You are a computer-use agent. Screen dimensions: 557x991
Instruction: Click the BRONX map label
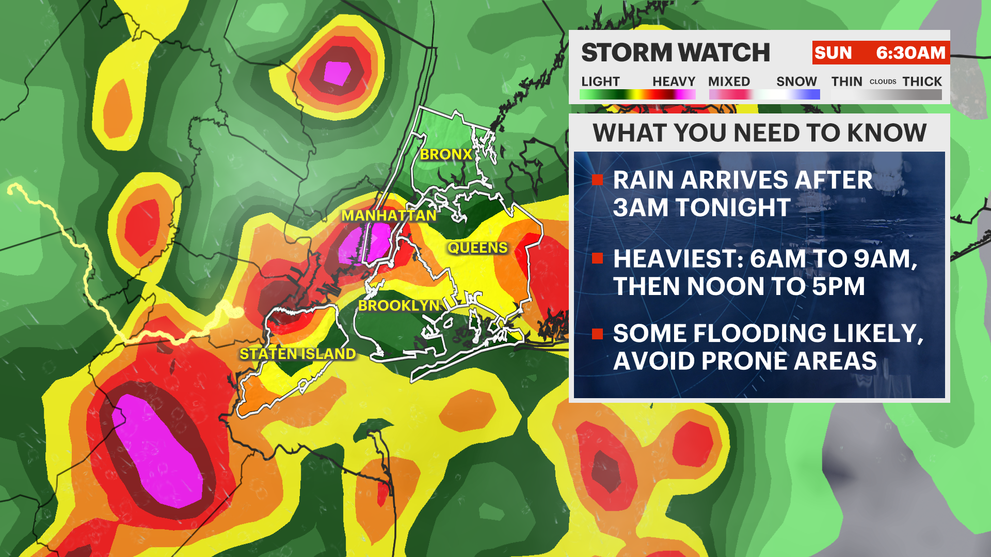pyautogui.click(x=446, y=154)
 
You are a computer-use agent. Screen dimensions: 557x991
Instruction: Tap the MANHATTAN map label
pyautogui.click(x=389, y=216)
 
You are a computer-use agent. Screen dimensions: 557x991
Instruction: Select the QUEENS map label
pyautogui.click(x=477, y=248)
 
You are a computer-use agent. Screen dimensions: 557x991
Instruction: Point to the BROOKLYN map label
pyautogui.click(x=398, y=306)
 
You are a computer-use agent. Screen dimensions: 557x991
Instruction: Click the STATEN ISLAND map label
pyautogui.click(x=298, y=354)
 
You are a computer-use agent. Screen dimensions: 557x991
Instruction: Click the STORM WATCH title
pyautogui.click(x=675, y=53)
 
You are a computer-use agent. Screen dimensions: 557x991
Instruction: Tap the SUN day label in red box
pyautogui.click(x=833, y=53)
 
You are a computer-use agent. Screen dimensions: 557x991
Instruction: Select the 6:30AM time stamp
pyautogui.click(x=910, y=53)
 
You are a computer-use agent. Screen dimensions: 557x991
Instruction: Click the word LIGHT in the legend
pyautogui.click(x=600, y=81)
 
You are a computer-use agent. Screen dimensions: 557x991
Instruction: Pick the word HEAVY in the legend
pyautogui.click(x=674, y=81)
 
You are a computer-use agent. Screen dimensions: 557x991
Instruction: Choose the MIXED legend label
pyautogui.click(x=729, y=81)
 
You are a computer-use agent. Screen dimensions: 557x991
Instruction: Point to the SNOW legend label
pyautogui.click(x=796, y=81)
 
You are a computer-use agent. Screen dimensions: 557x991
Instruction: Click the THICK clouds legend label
pyautogui.click(x=922, y=81)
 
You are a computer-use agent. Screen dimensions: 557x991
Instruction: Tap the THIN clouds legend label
pyautogui.click(x=846, y=81)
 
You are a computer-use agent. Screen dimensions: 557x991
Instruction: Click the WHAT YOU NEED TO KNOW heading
pyautogui.click(x=759, y=133)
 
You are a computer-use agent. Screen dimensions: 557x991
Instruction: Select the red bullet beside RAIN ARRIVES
pyautogui.click(x=598, y=180)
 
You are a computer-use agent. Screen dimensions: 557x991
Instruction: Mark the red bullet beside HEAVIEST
pyautogui.click(x=598, y=258)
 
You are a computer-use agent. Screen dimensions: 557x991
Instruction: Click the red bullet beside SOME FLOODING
pyautogui.click(x=598, y=334)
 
